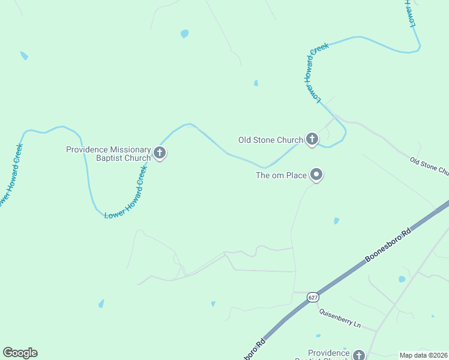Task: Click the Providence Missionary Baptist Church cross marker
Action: point(159,153)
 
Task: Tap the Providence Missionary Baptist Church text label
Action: point(108,154)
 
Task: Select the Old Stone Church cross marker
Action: point(312,140)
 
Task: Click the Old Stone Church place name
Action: point(270,140)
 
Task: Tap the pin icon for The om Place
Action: point(316,175)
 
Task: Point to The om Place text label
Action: point(282,175)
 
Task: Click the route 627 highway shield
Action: point(313,297)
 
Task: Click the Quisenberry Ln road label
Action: point(340,319)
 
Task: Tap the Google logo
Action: point(20,353)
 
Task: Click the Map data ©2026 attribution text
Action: point(424,355)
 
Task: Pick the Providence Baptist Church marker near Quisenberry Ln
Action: point(359,355)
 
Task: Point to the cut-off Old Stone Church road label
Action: point(429,166)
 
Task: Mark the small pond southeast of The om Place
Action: point(336,221)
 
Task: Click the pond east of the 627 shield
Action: point(402,279)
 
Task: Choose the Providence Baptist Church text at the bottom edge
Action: point(328,354)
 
